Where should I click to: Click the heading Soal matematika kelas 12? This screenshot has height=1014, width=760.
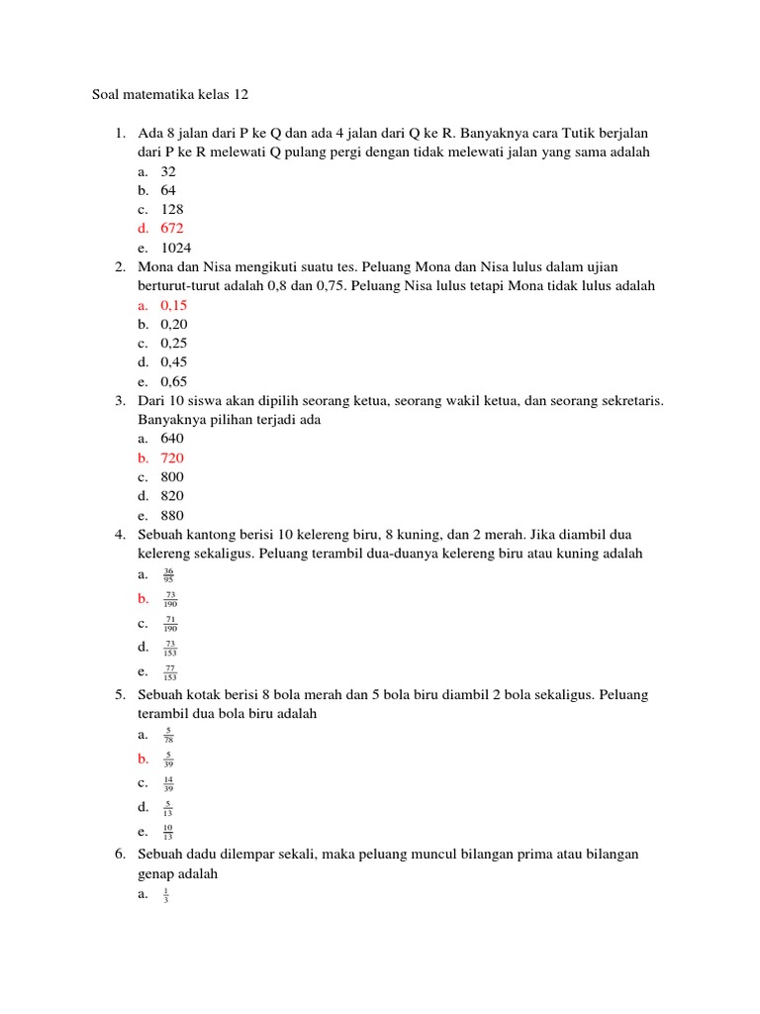point(170,95)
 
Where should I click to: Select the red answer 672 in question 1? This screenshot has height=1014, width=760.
point(172,229)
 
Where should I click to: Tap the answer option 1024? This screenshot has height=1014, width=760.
point(176,248)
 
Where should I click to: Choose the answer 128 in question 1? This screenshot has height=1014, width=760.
point(172,210)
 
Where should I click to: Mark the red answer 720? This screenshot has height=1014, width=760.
point(172,458)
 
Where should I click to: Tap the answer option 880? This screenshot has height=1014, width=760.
point(172,515)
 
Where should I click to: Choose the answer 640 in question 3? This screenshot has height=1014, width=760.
point(172,439)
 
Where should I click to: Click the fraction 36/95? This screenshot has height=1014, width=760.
point(168,574)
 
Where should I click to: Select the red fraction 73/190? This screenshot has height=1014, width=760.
point(170,599)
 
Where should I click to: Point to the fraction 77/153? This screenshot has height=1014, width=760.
point(170,673)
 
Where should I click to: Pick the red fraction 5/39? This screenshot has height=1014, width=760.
point(168,760)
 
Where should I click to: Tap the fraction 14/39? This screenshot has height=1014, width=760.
point(168,784)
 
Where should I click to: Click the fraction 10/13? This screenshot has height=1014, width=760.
point(168,833)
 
